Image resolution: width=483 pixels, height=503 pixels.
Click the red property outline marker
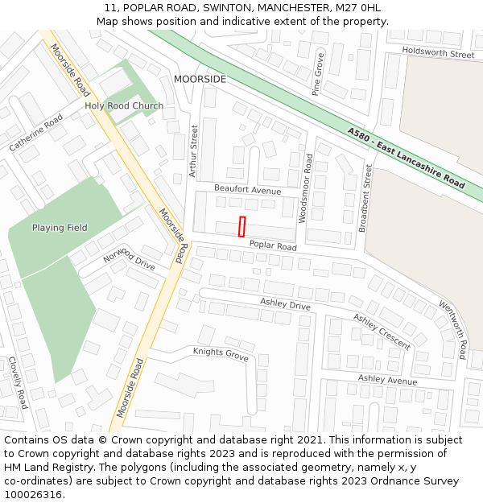pos(242,227)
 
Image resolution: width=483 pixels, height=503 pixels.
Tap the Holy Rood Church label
pos(124,106)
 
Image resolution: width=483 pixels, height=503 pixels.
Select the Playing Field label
pos(60,228)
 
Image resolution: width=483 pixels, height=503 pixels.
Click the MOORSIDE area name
pos(200,79)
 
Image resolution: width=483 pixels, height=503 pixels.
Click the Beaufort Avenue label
pos(247,190)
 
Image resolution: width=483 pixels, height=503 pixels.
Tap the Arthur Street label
pos(193,150)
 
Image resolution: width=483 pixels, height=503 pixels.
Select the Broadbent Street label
pos(365,198)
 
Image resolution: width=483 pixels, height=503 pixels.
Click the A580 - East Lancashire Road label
pos(407,158)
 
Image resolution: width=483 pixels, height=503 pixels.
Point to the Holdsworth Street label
pos(438,54)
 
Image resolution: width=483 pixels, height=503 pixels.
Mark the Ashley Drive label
pos(285,305)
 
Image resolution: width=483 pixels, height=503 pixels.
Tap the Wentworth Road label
pos(453,330)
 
